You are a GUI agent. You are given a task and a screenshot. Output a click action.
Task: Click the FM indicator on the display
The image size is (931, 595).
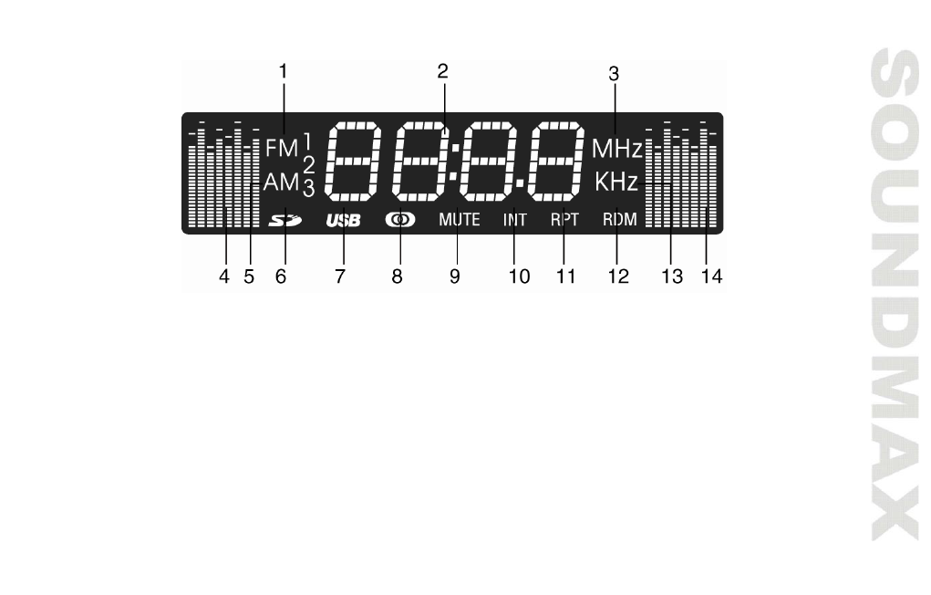282,147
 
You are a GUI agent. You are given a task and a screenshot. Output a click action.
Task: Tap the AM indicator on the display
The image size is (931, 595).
282,183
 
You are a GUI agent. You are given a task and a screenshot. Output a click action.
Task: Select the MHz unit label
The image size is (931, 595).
617,147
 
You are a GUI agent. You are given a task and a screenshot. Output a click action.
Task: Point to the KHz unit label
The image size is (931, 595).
616,182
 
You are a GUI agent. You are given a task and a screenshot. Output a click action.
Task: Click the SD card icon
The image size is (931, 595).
285,220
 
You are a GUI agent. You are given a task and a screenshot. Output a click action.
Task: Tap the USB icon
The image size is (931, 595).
344,220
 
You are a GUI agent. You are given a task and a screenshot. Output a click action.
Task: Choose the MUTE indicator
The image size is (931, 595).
459,220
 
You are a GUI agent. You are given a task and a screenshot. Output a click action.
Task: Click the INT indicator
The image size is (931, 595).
515,220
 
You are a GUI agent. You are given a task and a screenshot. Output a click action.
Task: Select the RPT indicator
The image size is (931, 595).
564,220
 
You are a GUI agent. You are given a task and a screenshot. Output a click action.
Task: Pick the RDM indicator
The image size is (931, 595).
619,220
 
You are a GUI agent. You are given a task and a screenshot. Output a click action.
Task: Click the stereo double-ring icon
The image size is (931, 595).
399,220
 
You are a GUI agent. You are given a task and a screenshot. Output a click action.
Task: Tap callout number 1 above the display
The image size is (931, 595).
283,69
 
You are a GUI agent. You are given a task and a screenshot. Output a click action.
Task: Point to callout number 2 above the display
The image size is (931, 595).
442,70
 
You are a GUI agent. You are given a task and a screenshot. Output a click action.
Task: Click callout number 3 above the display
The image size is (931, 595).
614,74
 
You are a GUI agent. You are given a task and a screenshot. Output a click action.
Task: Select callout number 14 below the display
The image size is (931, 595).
711,277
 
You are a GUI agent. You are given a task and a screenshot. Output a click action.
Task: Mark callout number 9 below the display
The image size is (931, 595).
454,277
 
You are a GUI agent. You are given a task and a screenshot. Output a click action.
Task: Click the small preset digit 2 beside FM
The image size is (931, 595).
308,164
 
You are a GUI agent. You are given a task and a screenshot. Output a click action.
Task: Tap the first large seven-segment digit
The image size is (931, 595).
354,162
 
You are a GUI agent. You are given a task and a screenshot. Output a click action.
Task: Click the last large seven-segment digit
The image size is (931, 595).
557,162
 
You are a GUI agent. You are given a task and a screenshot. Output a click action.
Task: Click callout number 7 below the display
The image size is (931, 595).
339,277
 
